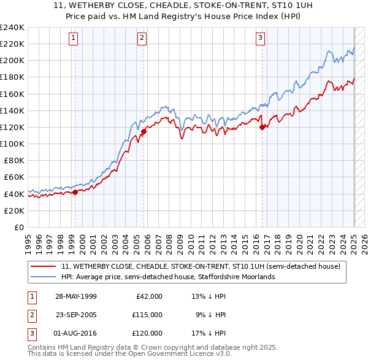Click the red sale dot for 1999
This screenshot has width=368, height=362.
tap(75, 192)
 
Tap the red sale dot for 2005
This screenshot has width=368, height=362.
tap(144, 131)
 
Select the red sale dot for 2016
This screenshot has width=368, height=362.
tap(262, 127)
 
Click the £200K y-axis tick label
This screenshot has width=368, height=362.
tap(12, 61)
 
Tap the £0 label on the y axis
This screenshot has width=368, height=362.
tap(18, 227)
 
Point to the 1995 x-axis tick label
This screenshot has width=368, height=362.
tap(28, 242)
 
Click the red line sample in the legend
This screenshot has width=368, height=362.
tap(44, 266)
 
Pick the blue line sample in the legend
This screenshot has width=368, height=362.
tap(44, 277)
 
